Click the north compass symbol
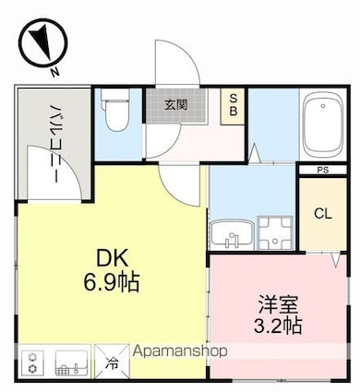[x=42, y=42]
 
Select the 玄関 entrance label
[x=175, y=105]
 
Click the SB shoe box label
[x=234, y=105]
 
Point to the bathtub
[x=323, y=125]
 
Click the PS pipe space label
[x=323, y=170]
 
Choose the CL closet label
[x=323, y=213]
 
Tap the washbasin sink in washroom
[x=232, y=234]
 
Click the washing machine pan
[x=275, y=232]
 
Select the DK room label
[x=112, y=258]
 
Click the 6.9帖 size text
[x=112, y=282]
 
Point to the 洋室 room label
[x=278, y=304]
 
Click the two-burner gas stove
[x=32, y=362]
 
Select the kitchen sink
[x=71, y=362]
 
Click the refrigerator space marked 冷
[x=112, y=362]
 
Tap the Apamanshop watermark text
[x=180, y=351]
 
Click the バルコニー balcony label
[x=55, y=144]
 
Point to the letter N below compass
[x=55, y=72]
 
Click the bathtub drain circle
[x=323, y=106]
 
